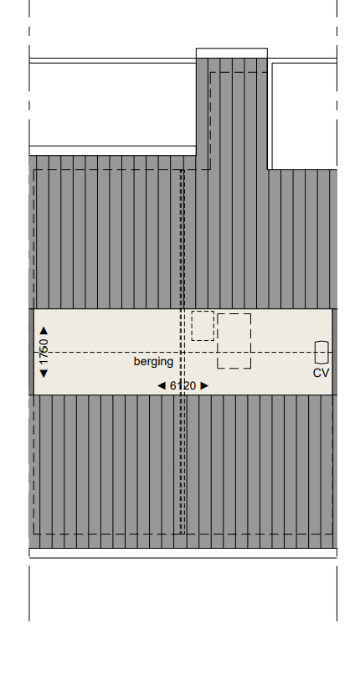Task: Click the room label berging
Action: click(x=153, y=362)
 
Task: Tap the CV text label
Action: click(x=321, y=373)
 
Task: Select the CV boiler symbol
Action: click(x=321, y=352)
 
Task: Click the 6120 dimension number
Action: click(x=183, y=385)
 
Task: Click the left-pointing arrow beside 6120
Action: click(x=162, y=385)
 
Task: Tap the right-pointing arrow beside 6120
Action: click(x=204, y=385)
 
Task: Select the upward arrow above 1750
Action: click(x=44, y=331)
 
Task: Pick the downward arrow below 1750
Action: click(x=44, y=372)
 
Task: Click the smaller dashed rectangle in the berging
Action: click(x=203, y=326)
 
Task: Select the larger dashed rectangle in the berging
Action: click(x=234, y=341)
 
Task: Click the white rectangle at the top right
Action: click(x=303, y=116)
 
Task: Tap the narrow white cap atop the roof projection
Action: click(x=232, y=53)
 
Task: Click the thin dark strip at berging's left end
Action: click(x=32, y=352)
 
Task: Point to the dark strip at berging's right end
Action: click(x=334, y=352)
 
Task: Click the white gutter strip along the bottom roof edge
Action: click(x=183, y=553)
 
